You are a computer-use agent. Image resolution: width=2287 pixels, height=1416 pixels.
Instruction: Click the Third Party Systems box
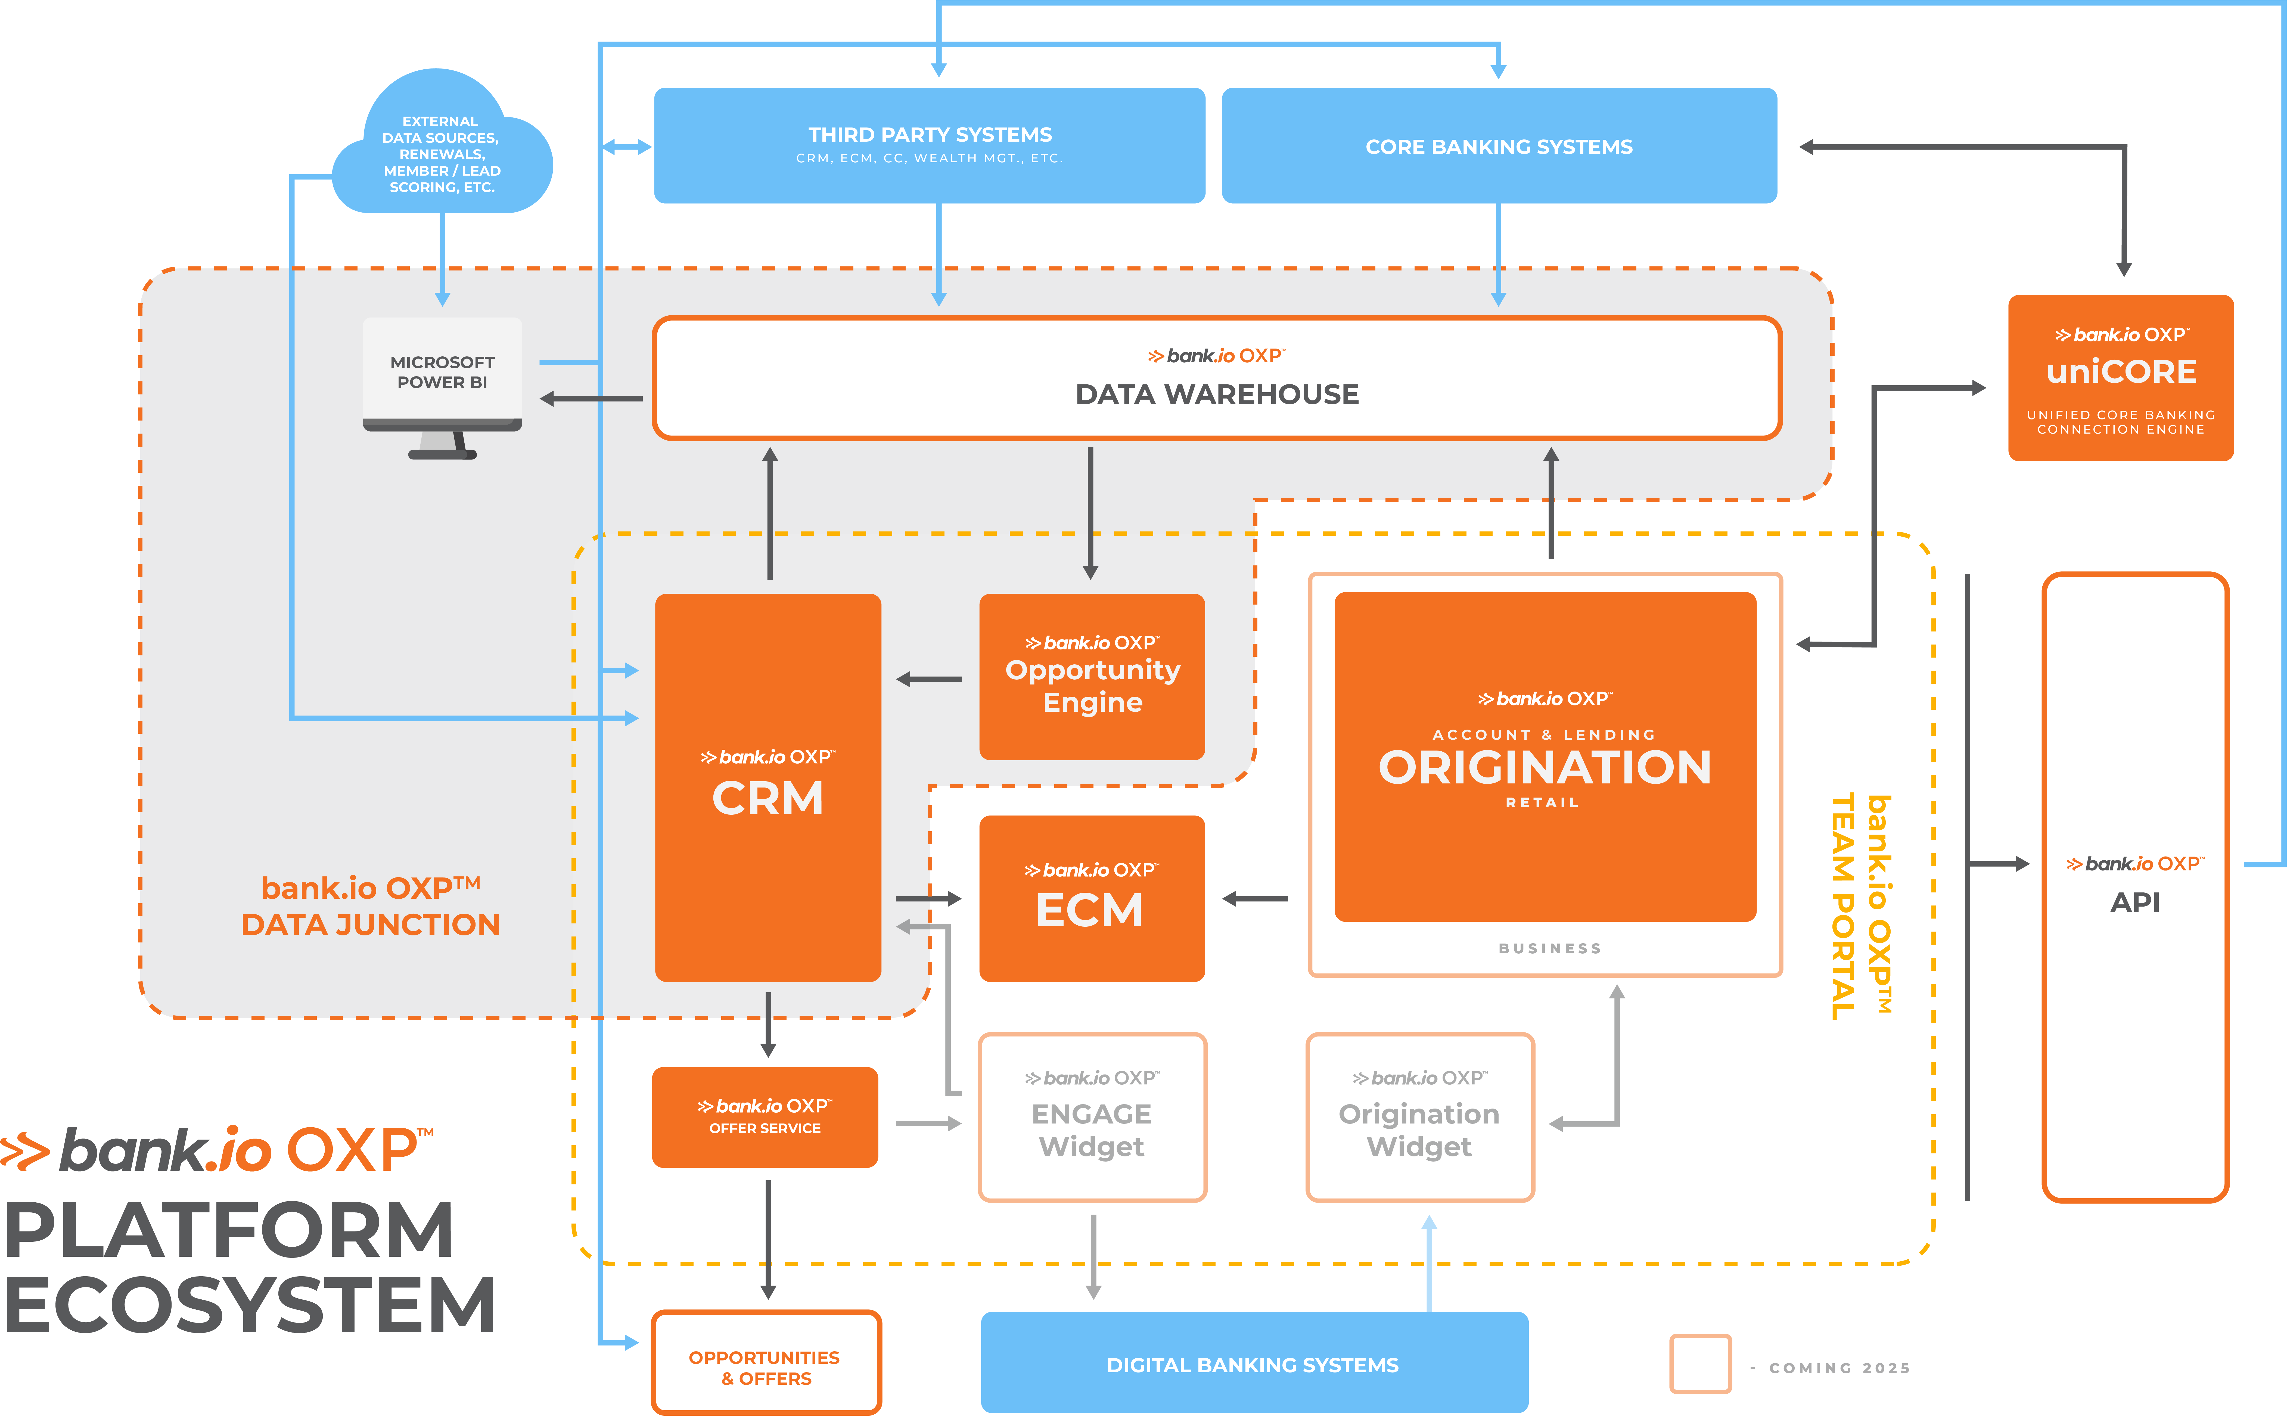(x=929, y=145)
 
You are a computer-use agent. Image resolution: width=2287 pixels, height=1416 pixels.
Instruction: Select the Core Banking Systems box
(x=1499, y=145)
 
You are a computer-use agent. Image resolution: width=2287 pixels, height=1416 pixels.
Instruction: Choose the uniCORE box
(x=2120, y=377)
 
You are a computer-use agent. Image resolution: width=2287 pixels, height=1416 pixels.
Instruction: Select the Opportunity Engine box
(x=1092, y=676)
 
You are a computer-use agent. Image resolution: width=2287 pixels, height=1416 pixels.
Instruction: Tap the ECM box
(x=1092, y=898)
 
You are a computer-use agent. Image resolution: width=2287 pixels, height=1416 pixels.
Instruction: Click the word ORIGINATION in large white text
(x=1544, y=767)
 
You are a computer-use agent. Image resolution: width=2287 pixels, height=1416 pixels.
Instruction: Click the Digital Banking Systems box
(x=1254, y=1363)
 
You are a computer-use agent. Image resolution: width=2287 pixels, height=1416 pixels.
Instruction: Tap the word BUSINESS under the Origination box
(x=1550, y=948)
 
